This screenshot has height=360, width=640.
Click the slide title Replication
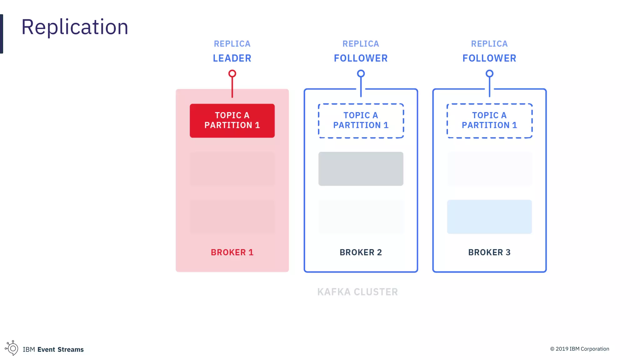[x=75, y=27]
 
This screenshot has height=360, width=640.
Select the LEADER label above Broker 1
[x=232, y=58]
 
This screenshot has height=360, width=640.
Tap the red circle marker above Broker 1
[x=232, y=74]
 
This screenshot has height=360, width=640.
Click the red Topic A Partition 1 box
[x=232, y=121]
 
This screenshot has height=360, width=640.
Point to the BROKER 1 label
[x=232, y=252]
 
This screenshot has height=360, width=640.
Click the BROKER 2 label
[x=361, y=252]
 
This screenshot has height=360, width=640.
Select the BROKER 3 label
[x=489, y=252]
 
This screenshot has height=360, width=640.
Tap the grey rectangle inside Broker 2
[x=361, y=169]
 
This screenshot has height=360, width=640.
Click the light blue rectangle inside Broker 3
[x=489, y=217]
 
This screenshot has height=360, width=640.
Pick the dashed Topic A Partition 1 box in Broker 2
[x=361, y=121]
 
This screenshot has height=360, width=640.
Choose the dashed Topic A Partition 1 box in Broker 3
[x=489, y=121]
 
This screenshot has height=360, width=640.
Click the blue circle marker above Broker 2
[x=361, y=74]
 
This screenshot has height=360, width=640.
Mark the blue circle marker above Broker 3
[x=489, y=74]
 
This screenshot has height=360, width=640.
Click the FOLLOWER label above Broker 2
[x=361, y=58]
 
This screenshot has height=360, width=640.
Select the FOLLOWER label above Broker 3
[x=489, y=58]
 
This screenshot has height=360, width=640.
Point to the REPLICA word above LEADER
[x=232, y=44]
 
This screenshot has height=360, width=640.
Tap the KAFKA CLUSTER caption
[x=357, y=292]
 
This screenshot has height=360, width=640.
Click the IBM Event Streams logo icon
[x=12, y=348]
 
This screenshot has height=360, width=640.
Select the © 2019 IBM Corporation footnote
[x=580, y=349]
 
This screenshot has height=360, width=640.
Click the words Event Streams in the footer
[x=61, y=349]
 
